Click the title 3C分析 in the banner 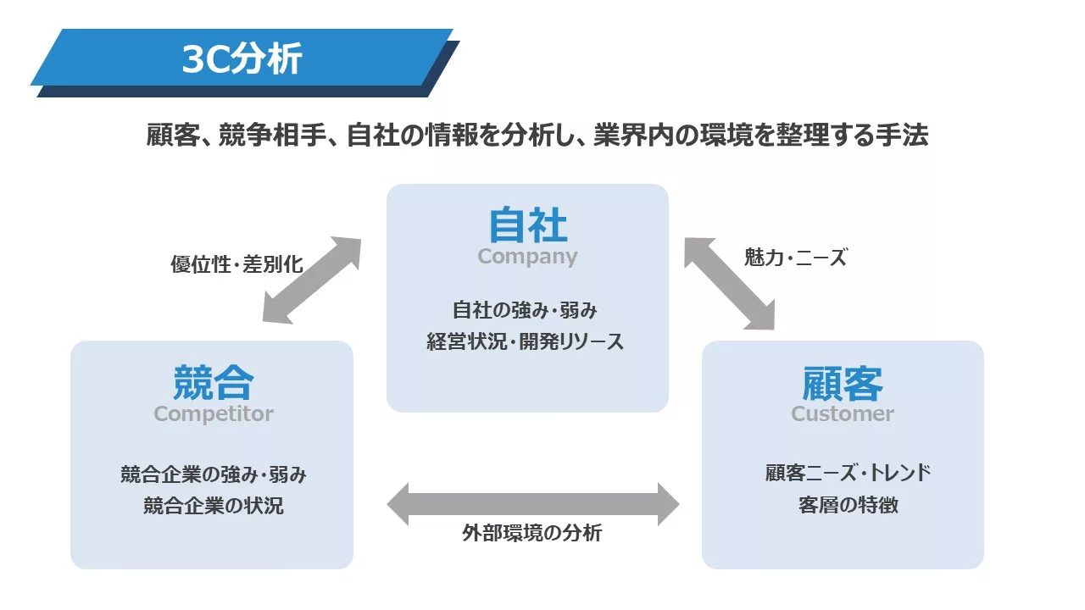coord(242,58)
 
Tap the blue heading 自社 coord(527,225)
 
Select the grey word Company coord(527,256)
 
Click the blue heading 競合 coord(213,382)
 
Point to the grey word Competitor coord(214,414)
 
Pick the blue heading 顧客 coord(843,384)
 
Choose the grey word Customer coord(843,414)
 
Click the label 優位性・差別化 coord(236,264)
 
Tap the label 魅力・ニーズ coord(795,257)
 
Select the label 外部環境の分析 coord(531,533)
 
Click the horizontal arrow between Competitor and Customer coord(533,504)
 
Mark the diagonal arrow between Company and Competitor coord(312,280)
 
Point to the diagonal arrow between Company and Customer coord(730,284)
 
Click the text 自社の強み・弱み coord(525,310)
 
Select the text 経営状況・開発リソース coord(525,341)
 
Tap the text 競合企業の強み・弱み coord(213,474)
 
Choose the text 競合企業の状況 coord(213,506)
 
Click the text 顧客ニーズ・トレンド coord(849,473)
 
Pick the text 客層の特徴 coord(849,505)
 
